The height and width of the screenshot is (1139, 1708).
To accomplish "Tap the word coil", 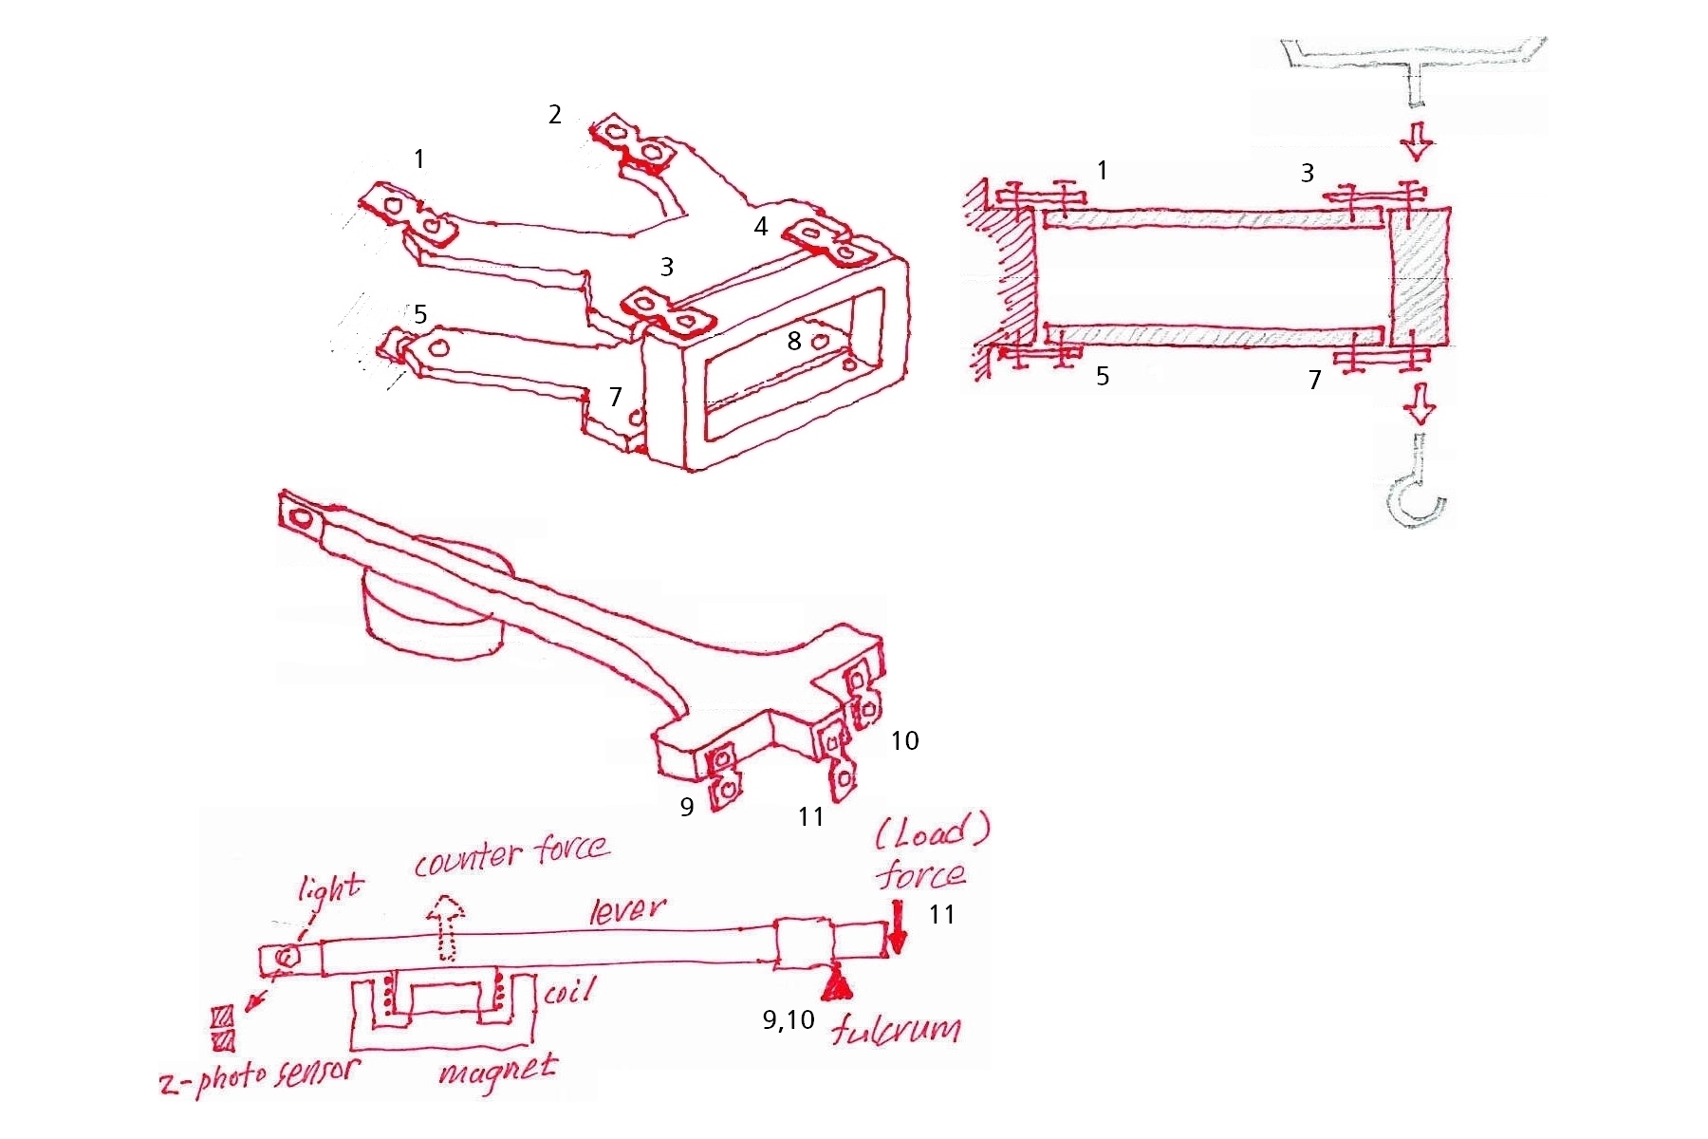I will [569, 993].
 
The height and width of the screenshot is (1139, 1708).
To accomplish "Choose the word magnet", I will [497, 1072].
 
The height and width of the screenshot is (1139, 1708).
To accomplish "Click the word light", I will [330, 888].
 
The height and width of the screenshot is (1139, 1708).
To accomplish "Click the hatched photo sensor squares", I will [223, 1029].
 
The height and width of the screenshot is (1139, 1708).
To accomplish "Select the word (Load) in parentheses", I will [932, 833].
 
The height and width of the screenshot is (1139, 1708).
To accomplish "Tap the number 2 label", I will [555, 115].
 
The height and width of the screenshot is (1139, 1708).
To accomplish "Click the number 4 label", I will [760, 227].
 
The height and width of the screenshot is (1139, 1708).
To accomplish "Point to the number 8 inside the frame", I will [794, 341].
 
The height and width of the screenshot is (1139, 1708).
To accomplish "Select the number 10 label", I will [904, 740].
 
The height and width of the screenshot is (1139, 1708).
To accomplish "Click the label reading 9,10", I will [789, 1019].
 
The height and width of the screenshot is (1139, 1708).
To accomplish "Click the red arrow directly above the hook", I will [1420, 403].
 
